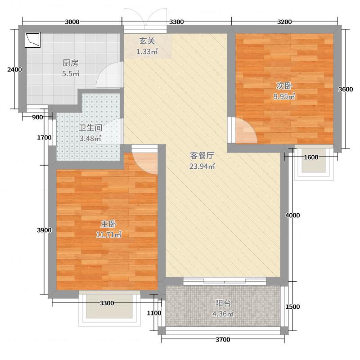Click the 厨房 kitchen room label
[x=71, y=63]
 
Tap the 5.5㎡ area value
[x=71, y=73]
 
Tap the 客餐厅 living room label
[x=202, y=156]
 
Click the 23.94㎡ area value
[x=202, y=166]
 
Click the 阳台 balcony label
[x=224, y=304]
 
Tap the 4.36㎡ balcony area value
[x=224, y=314]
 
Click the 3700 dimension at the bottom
[x=222, y=339]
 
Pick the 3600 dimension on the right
[x=346, y=89]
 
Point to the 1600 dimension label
[x=311, y=157]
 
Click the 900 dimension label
[x=38, y=117]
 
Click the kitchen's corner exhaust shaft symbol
[x=33, y=40]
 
